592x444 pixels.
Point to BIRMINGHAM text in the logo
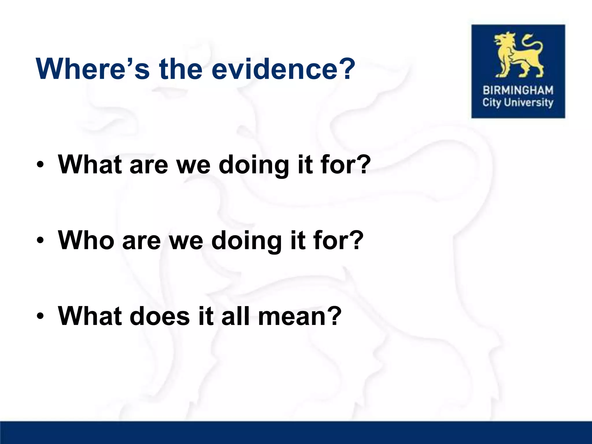coord(518,90)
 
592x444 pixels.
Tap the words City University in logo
coord(518,103)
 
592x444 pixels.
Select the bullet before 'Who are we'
coord(40,241)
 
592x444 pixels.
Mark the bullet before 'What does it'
coord(40,317)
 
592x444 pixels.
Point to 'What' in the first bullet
coord(90,165)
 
